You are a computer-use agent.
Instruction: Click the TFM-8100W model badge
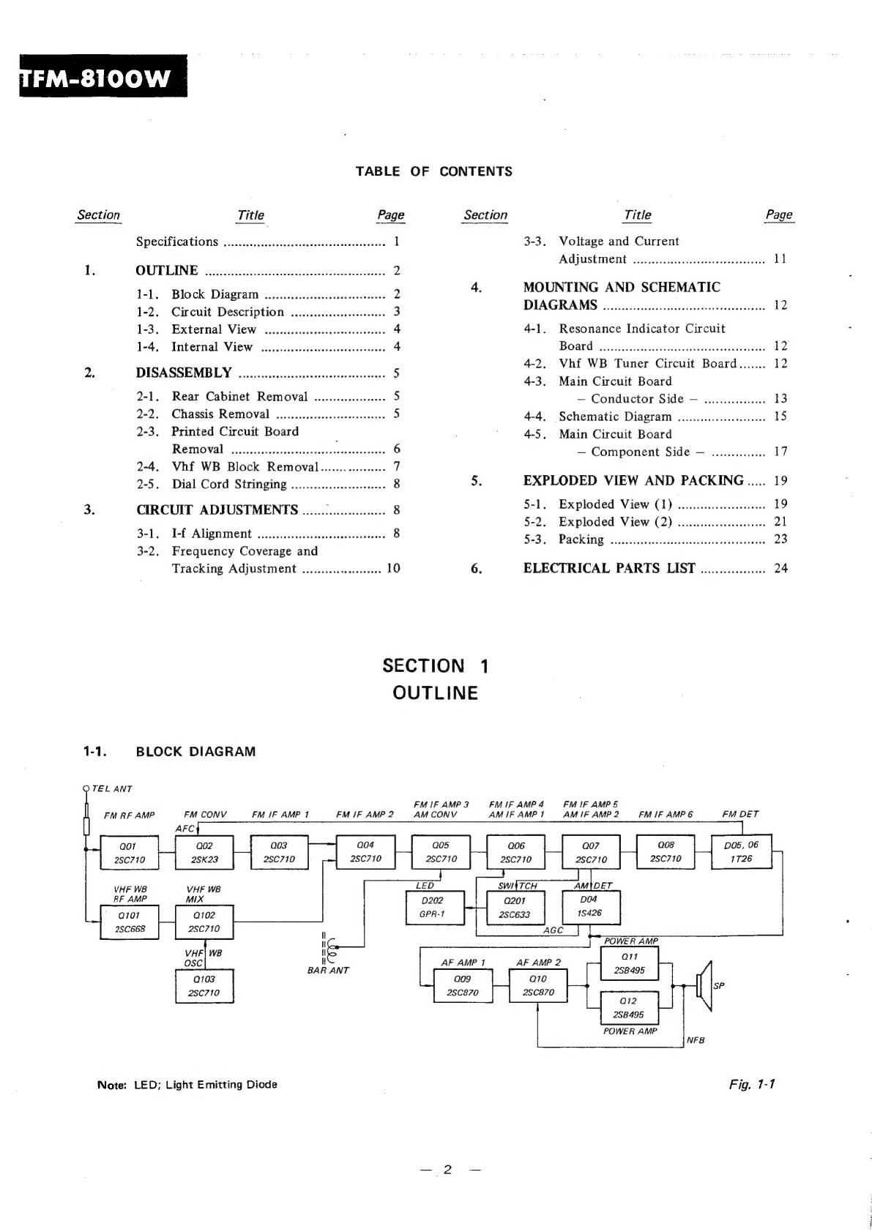[103, 76]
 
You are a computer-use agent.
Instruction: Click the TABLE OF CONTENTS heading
[433, 171]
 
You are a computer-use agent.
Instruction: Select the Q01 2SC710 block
[130, 853]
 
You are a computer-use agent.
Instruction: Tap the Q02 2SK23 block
[204, 853]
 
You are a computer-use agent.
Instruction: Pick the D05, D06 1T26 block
[741, 852]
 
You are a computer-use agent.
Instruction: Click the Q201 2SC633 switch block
[514, 908]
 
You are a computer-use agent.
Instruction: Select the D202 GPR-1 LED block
[432, 908]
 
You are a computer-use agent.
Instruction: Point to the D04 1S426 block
[590, 907]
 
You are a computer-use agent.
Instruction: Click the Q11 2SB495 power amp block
[629, 963]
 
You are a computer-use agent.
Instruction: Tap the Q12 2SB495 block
[629, 1007]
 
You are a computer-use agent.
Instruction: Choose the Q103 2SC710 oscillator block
[204, 986]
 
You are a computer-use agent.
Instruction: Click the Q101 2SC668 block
[129, 922]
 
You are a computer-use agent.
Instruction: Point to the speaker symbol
[704, 985]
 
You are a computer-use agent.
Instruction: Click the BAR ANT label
[328, 970]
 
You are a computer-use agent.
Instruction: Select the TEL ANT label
[112, 788]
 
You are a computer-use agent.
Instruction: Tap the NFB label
[696, 1040]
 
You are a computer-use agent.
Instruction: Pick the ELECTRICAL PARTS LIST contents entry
[609, 568]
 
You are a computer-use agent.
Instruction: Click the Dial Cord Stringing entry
[228, 484]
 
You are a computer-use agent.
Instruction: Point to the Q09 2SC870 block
[463, 985]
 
